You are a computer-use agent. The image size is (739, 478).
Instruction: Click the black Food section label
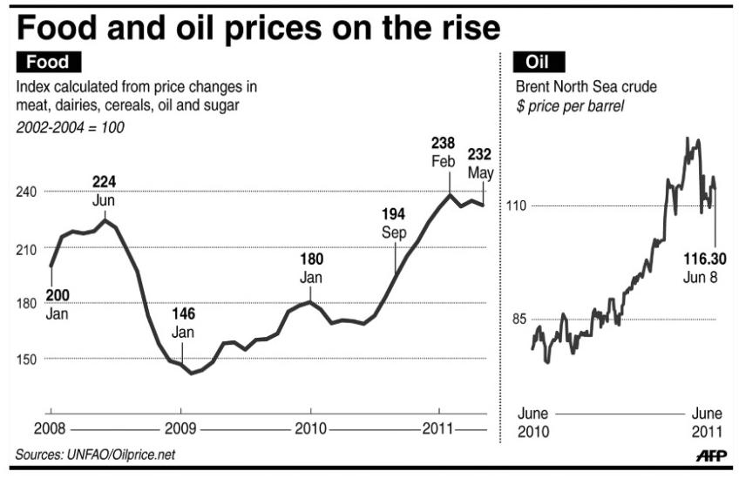49,62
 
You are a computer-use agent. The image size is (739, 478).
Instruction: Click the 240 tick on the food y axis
27,192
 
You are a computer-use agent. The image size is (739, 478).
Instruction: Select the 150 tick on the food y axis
27,359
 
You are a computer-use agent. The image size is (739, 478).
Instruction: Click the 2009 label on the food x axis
180,428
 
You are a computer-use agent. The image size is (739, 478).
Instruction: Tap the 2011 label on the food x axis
438,428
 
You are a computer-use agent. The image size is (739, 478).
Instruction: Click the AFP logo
711,456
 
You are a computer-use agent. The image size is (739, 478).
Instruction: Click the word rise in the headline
464,29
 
